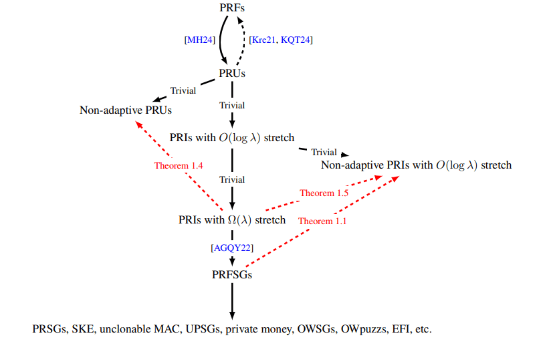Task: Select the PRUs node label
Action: [232, 73]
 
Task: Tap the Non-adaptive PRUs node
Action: [121, 110]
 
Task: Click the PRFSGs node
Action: [232, 274]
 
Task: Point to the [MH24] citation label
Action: [199, 39]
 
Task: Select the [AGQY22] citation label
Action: [231, 248]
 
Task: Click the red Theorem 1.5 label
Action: [323, 193]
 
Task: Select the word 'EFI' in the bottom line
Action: [403, 330]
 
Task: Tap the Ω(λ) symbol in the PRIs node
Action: [238, 219]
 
